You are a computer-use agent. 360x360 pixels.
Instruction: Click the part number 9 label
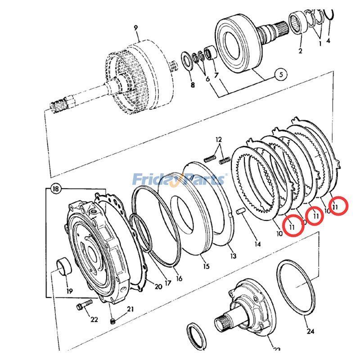tap(135, 27)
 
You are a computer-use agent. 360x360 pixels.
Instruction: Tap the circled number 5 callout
tap(280, 76)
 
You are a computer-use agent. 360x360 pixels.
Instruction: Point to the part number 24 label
tap(310, 332)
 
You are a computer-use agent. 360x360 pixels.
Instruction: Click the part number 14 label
tap(257, 244)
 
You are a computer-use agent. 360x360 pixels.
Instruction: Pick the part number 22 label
tap(94, 319)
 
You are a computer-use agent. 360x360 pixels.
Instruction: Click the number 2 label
tap(300, 51)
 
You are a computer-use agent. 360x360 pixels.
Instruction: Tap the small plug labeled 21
tap(113, 320)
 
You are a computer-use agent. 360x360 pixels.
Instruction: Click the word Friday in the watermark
tap(153, 180)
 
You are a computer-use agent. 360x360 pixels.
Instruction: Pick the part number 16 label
tap(179, 279)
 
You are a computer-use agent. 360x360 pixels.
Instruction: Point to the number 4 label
tap(328, 40)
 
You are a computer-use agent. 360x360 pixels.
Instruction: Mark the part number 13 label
tap(233, 256)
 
